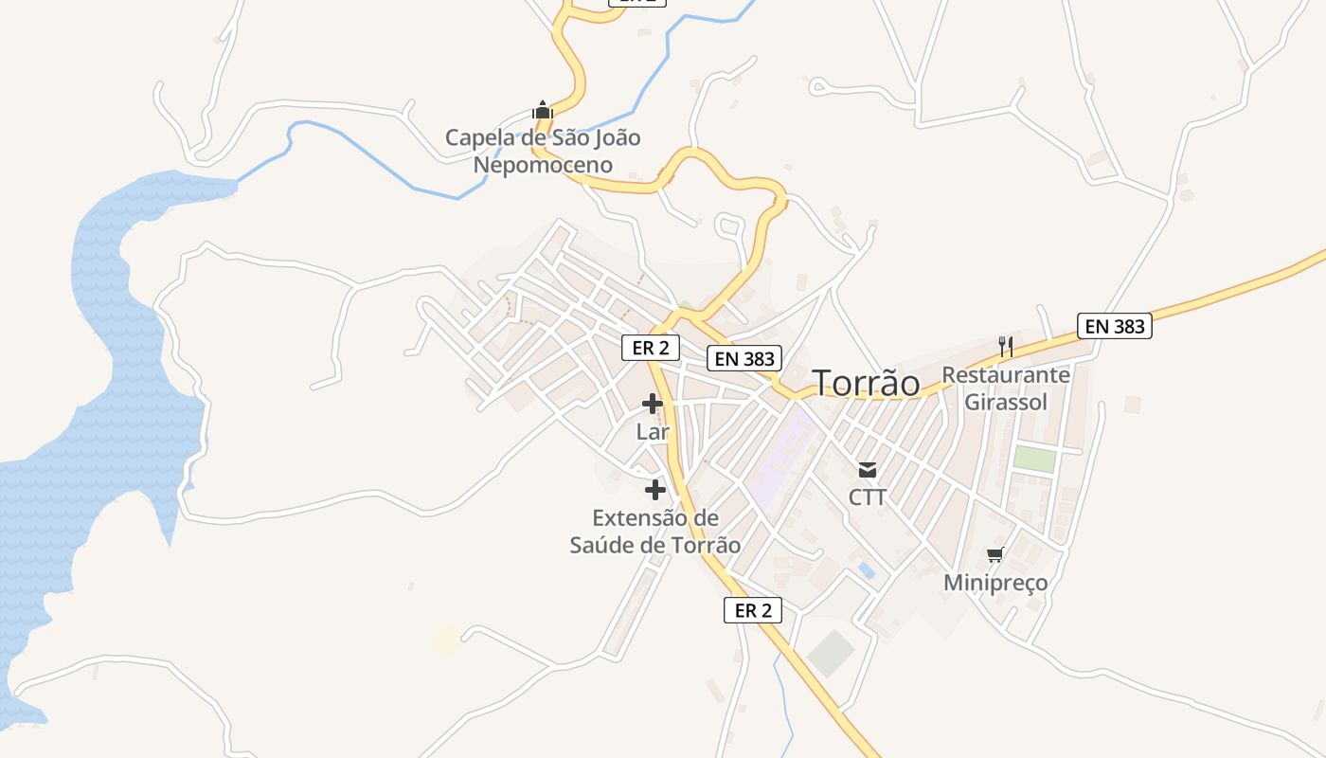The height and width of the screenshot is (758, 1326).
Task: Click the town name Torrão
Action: [x=867, y=383]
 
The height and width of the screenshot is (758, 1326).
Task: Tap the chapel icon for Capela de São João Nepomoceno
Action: [x=542, y=110]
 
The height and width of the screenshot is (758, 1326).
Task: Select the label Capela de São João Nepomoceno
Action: [x=543, y=152]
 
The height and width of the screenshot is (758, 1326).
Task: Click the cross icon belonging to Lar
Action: [x=653, y=404]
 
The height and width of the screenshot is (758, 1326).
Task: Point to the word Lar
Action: [x=653, y=432]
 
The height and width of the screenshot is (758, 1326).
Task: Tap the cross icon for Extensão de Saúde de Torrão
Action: [x=654, y=490]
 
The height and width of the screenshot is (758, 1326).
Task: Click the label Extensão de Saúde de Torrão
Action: [x=655, y=532]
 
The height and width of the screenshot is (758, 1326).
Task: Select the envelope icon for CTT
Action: [x=867, y=469]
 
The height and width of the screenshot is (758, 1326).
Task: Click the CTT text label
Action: [x=867, y=497]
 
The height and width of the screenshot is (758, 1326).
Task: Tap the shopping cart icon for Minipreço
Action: [x=994, y=554]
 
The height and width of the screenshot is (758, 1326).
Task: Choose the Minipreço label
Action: [x=995, y=583]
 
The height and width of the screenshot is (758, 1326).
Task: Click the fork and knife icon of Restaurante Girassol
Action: [x=1006, y=347]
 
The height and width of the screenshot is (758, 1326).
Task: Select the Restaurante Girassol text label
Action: [x=1006, y=388]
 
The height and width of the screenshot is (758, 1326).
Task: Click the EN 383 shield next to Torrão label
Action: [x=745, y=358]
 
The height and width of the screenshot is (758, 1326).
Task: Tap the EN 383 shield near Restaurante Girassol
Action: [x=1115, y=327]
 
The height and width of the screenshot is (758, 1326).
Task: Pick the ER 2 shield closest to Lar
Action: [x=651, y=348]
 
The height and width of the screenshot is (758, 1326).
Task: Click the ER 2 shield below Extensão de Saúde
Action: [x=753, y=610]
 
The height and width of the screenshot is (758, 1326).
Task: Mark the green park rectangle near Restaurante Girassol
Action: [x=1034, y=459]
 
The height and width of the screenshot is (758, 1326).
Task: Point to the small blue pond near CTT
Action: [x=866, y=569]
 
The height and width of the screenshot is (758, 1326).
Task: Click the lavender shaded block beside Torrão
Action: [x=781, y=460]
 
